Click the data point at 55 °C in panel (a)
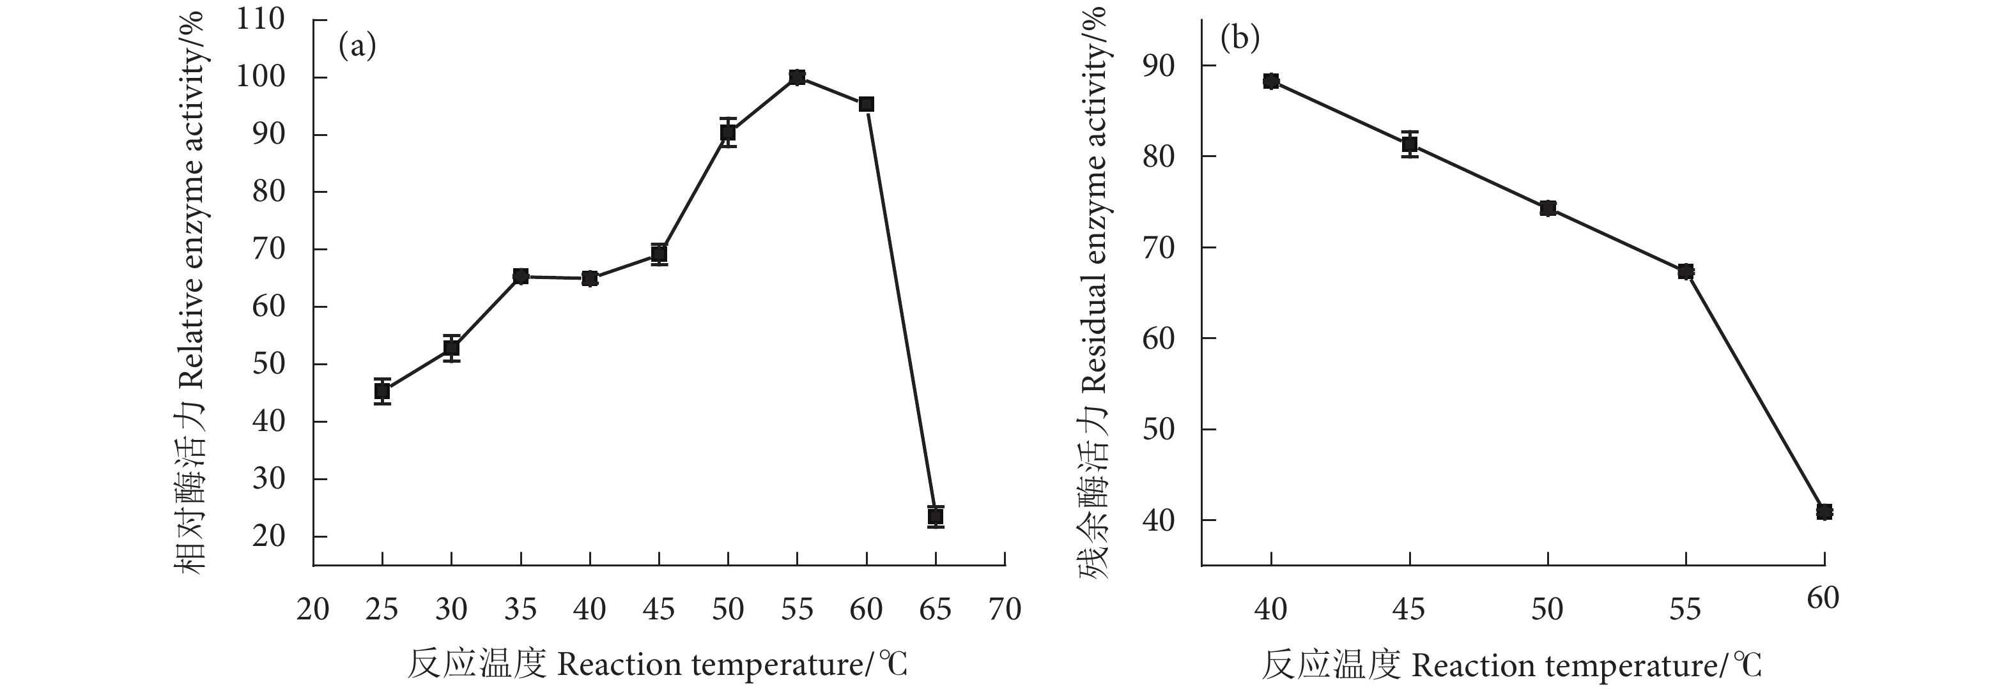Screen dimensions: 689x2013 (797, 77)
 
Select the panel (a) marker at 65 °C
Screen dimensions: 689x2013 (936, 517)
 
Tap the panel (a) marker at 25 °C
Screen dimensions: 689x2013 (382, 391)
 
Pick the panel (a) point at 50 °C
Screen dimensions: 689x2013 (727, 133)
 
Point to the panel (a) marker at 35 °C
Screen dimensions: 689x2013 (520, 276)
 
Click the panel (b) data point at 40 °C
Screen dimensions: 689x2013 (1270, 81)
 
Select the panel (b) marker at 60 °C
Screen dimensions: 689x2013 (1824, 511)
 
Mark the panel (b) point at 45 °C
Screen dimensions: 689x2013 (1410, 144)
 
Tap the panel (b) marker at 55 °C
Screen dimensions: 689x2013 (1686, 271)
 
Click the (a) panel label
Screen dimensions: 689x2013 (357, 47)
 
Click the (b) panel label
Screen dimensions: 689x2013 (1240, 38)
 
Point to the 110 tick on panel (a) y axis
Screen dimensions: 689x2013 (260, 20)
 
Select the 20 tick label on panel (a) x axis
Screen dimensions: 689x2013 (312, 609)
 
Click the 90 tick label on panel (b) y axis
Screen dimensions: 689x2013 (1158, 66)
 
